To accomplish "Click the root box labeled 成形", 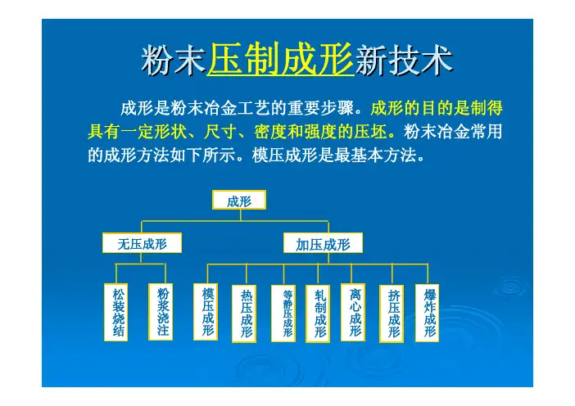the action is click(x=239, y=200).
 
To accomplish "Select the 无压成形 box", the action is click(x=142, y=243).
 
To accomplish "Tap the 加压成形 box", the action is click(x=323, y=243).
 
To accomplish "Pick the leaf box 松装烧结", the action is click(x=115, y=312).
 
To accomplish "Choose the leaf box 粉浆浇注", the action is click(x=161, y=312).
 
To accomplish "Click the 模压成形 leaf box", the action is click(x=206, y=312).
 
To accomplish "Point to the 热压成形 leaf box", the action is click(x=244, y=314).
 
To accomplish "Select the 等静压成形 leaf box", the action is click(x=283, y=314).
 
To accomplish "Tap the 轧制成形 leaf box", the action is click(x=318, y=314).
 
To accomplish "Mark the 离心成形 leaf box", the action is click(x=353, y=312).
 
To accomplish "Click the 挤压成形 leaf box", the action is click(x=392, y=314).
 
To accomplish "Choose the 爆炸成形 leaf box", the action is click(x=427, y=313).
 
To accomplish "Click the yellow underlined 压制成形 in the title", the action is click(x=281, y=60).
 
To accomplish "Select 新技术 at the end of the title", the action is click(x=404, y=60).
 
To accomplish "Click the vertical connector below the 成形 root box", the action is click(x=240, y=215).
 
